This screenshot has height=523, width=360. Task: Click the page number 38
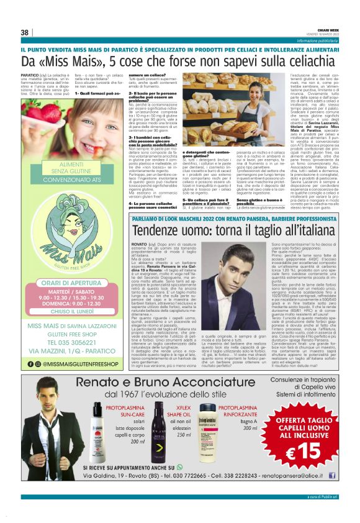pos(25,32)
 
